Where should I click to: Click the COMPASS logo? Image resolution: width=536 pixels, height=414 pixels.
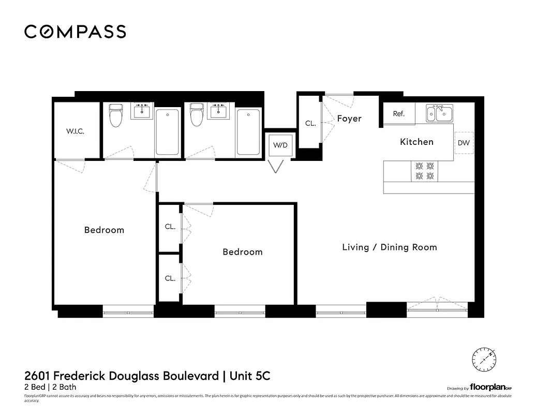click(75, 32)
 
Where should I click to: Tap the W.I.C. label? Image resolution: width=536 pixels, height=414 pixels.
click(75, 131)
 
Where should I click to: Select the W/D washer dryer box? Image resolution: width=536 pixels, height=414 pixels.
click(280, 145)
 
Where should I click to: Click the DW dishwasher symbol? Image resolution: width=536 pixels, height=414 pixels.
click(464, 143)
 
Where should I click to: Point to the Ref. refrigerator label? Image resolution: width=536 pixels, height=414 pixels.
click(398, 114)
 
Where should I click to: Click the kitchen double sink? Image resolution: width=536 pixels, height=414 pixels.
click(439, 113)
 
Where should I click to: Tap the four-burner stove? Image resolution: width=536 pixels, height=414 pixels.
click(424, 171)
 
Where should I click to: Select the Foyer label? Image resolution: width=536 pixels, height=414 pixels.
click(349, 119)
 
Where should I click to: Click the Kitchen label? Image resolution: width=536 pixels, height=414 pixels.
click(416, 142)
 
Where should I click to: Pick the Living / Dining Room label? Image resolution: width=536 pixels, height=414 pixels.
click(390, 247)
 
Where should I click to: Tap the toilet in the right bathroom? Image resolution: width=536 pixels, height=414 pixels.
click(196, 115)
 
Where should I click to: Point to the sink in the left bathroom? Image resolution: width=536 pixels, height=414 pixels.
click(142, 111)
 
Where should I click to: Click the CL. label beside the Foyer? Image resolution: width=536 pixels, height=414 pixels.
click(310, 124)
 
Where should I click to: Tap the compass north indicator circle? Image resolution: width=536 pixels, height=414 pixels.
click(484, 358)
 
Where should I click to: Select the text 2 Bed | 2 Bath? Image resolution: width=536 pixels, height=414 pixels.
click(50, 387)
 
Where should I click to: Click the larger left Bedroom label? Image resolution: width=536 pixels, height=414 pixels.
click(104, 230)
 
